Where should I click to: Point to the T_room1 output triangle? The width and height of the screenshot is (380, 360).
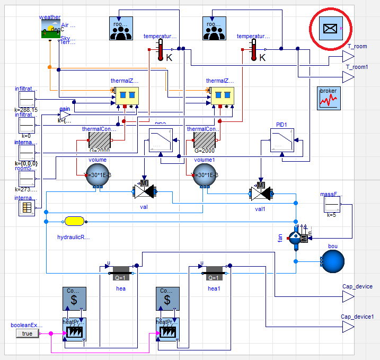click(348, 78)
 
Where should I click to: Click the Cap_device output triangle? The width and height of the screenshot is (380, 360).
click(348, 297)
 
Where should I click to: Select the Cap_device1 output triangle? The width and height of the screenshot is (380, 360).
click(348, 328)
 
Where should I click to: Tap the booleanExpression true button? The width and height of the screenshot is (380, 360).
click(28, 333)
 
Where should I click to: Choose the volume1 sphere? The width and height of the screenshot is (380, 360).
click(204, 175)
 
